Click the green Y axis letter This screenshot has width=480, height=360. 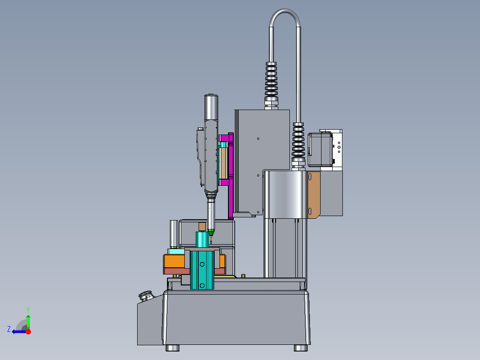[x=28, y=310]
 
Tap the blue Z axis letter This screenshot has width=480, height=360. [x=9, y=329]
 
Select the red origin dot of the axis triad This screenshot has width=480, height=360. [x=28, y=331]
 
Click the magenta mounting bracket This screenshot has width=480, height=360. [x=229, y=175]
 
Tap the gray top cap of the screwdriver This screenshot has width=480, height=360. [x=211, y=107]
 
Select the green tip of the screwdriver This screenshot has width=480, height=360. [x=211, y=232]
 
